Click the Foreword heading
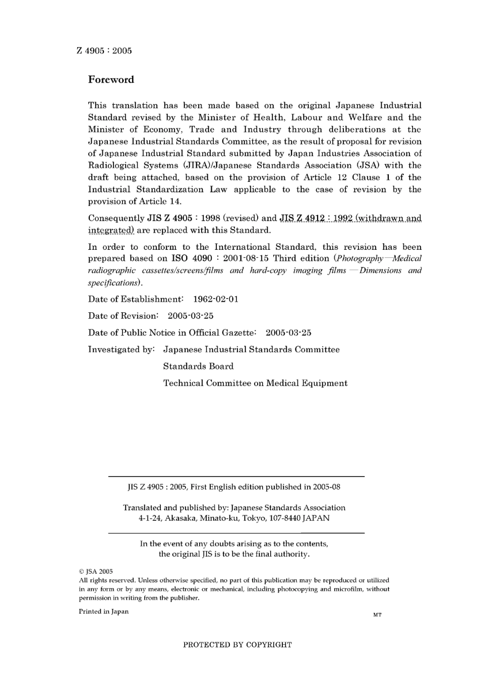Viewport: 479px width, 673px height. (111, 80)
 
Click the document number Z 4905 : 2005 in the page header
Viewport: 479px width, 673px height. (104, 50)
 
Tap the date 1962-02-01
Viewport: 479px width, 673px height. (216, 299)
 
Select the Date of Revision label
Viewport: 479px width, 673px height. (123, 316)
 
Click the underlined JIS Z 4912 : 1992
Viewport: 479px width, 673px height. (316, 218)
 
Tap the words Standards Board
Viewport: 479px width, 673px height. (198, 366)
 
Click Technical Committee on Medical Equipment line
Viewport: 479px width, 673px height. (255, 383)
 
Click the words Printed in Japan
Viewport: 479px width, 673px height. (103, 612)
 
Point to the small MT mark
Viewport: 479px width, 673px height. (377, 615)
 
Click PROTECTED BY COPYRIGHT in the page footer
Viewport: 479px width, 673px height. (237, 644)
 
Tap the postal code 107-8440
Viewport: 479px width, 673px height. (283, 518)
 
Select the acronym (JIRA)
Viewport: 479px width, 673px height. (194, 165)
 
